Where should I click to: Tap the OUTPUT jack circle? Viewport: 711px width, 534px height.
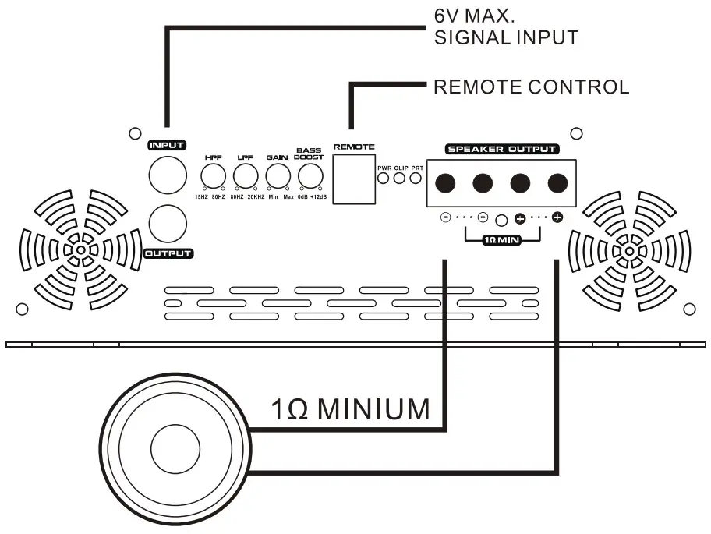(168, 224)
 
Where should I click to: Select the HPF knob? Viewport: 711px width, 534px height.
(213, 176)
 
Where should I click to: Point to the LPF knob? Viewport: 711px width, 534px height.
(246, 176)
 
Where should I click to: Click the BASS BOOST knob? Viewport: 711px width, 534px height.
(310, 176)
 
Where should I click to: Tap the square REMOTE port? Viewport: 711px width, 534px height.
(353, 176)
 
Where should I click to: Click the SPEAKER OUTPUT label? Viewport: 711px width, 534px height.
(501, 149)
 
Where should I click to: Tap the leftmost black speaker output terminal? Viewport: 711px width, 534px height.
(444, 183)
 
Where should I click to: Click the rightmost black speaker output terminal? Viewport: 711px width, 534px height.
(557, 183)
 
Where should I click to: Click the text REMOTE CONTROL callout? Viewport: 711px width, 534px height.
(531, 87)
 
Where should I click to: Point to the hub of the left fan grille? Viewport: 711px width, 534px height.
(80, 250)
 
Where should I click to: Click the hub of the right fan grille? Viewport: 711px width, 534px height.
(631, 251)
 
